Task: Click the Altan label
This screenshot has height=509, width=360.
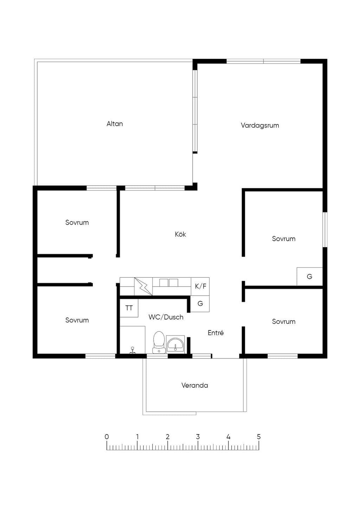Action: [x=115, y=124]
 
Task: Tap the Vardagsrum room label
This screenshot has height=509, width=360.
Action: [x=260, y=125]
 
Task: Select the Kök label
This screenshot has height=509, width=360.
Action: [x=180, y=234]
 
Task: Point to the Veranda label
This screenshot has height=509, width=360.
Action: [x=195, y=385]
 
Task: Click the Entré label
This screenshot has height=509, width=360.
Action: [x=216, y=333]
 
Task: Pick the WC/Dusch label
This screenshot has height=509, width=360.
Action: [x=166, y=317]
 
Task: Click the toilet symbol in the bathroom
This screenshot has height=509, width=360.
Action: [x=159, y=342]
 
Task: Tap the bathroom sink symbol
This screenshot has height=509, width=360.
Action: [x=175, y=344]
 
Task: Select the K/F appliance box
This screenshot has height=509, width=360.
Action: [x=200, y=286]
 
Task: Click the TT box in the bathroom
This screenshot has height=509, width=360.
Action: [x=129, y=308]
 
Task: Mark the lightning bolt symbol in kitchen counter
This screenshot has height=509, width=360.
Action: [x=143, y=286]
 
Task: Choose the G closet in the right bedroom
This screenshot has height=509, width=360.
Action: [x=309, y=277]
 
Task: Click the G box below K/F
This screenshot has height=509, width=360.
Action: [x=200, y=304]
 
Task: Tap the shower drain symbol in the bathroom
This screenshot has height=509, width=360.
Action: [x=132, y=350]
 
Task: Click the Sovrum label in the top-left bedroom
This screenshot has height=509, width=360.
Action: [x=77, y=223]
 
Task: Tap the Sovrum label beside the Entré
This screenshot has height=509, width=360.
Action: [x=284, y=322]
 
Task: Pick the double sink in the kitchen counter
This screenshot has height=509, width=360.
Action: [x=169, y=283]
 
